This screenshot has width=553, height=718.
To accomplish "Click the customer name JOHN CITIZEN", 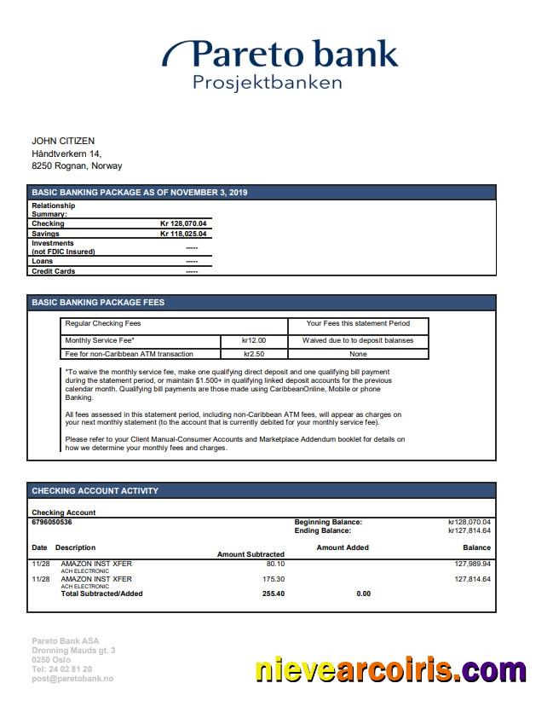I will [63, 141].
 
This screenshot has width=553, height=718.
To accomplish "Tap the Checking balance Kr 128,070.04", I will [183, 223].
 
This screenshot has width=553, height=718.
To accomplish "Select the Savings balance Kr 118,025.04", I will [183, 234].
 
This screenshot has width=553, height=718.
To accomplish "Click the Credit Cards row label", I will [53, 271].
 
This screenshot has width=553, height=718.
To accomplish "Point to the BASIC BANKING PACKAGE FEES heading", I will [98, 303].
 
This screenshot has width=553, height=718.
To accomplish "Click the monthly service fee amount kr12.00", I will [254, 340].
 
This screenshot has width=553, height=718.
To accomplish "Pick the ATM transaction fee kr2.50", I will [254, 354].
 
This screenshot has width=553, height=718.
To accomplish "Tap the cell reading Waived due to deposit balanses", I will [358, 340].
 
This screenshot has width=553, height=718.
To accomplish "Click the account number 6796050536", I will [52, 522].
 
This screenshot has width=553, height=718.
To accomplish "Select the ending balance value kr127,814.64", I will [469, 530].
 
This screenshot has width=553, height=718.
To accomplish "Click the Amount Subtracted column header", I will [251, 554].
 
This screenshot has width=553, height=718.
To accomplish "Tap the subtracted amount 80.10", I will [275, 564].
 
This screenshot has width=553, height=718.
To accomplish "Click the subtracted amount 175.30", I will [274, 579].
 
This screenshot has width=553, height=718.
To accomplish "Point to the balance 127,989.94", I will [473, 564].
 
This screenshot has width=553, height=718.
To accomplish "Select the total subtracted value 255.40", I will [273, 594].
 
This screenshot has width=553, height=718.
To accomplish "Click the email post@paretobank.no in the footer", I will [72, 679].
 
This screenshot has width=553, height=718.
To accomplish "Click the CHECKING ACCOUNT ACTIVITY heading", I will [95, 491].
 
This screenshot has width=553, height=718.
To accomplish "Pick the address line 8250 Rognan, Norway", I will [77, 166].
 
